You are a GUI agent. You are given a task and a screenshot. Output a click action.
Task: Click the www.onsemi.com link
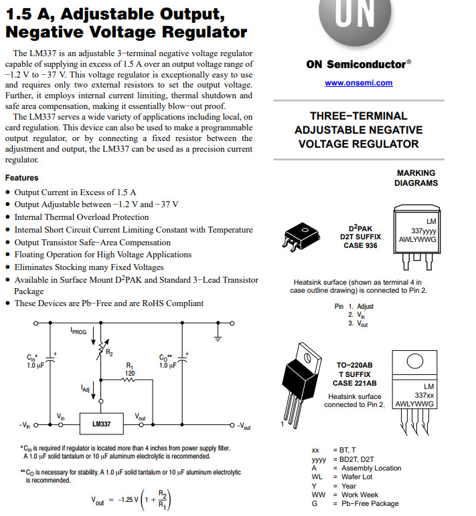click(358, 83)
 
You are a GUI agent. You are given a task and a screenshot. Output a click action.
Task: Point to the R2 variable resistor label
click(109, 352)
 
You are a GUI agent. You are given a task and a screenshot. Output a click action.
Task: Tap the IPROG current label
click(78, 331)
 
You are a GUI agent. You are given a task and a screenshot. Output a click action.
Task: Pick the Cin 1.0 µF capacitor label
click(35, 362)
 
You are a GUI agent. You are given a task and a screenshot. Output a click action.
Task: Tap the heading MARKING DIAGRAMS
click(416, 178)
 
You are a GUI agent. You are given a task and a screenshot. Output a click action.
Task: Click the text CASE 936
click(361, 245)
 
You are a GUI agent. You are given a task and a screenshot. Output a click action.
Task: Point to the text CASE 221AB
click(354, 383)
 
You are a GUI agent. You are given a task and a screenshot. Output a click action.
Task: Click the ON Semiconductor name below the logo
click(358, 64)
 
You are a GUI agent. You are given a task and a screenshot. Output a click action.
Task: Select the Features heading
click(21, 178)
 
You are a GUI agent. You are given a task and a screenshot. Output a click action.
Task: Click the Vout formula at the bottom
click(131, 500)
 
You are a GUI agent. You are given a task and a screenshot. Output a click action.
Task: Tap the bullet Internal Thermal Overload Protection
click(82, 217)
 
